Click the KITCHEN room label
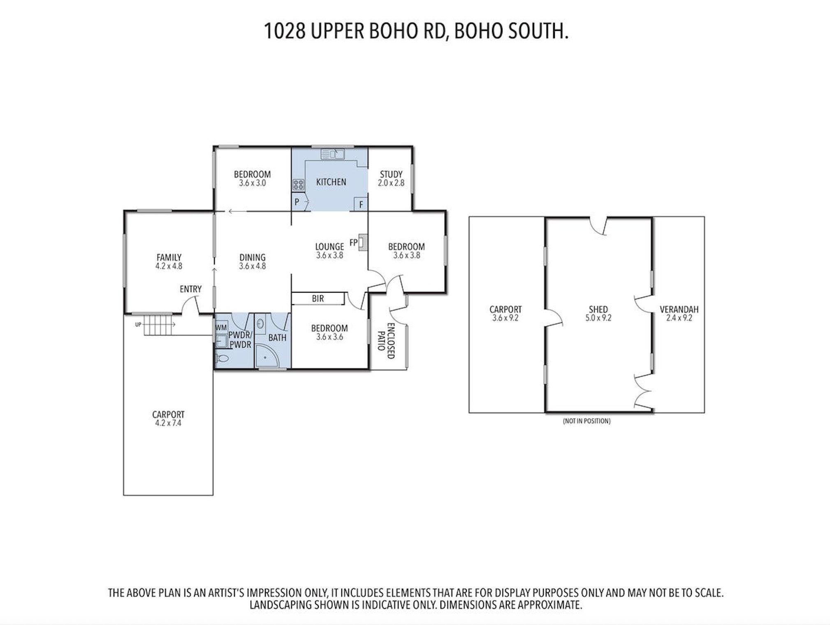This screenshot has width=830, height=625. point(331,182)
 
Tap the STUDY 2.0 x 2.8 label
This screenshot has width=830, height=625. point(391,179)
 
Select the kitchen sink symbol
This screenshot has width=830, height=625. point(332,154)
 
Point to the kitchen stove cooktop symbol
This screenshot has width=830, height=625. point(298,185)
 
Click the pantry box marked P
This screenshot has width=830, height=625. point(297,202)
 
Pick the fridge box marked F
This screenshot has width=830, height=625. point(361,204)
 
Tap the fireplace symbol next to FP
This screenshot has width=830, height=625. point(362,242)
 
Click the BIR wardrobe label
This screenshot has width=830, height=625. point(318,299)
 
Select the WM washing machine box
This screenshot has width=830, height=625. point(221,328)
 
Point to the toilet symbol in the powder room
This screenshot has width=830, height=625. point(222,358)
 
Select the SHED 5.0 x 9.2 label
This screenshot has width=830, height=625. point(598,313)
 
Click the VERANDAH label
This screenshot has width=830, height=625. point(679,309)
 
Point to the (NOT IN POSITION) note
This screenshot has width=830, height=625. point(587,421)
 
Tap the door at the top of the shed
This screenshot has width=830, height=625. point(598,226)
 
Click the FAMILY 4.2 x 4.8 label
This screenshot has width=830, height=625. point(169,262)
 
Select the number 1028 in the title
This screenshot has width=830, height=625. point(285,31)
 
